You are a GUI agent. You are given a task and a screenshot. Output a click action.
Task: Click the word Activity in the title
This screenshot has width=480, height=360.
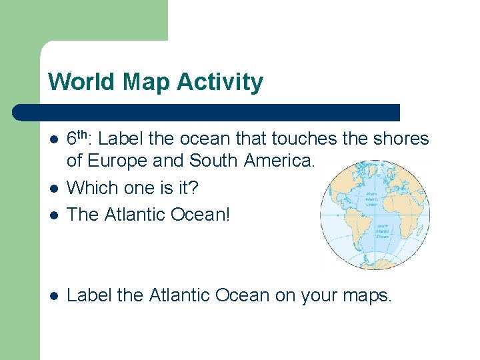click(220, 83)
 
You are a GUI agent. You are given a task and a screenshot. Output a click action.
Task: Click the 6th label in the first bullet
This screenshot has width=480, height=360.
click(79, 139)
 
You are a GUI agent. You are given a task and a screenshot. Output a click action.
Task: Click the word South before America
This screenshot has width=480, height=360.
click(213, 161)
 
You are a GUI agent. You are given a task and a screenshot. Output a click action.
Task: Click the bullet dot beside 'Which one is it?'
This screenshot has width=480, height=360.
click(54, 189)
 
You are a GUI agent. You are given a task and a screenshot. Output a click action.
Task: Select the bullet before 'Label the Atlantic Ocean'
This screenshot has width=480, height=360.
click(54, 295)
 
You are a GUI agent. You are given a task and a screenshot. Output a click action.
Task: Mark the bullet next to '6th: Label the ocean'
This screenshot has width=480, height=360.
click(54, 139)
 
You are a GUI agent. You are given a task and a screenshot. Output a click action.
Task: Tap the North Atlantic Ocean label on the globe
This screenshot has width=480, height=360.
click(371, 199)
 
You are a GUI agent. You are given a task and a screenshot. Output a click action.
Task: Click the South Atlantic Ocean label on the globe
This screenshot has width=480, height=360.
click(382, 231)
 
